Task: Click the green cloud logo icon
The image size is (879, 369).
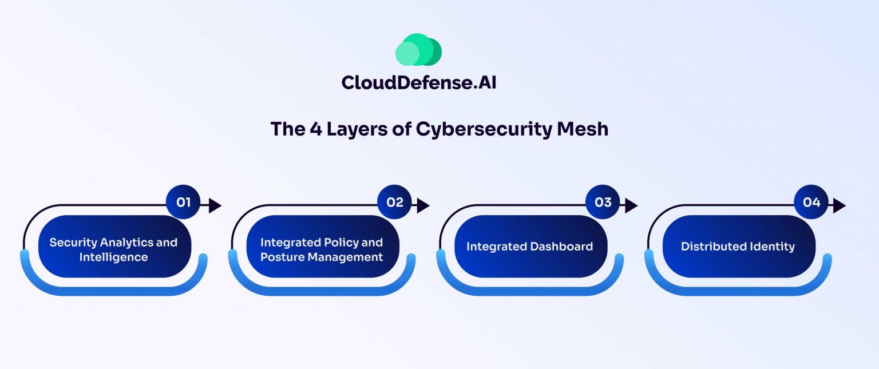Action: (418, 49)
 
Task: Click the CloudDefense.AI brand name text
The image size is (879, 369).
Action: (418, 82)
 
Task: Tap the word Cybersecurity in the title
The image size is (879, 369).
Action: (484, 129)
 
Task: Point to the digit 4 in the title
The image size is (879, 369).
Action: (315, 129)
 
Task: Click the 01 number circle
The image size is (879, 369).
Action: (183, 203)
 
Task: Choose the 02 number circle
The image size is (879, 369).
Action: (394, 203)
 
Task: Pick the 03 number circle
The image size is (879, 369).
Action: (603, 203)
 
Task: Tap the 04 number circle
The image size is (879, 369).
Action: (811, 203)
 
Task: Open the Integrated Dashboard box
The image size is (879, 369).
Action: (529, 247)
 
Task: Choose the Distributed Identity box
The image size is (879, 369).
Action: (738, 247)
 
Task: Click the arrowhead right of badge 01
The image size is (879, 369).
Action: (215, 205)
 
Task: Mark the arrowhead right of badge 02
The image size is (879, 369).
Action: (423, 205)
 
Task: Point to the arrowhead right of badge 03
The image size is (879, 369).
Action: (631, 205)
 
